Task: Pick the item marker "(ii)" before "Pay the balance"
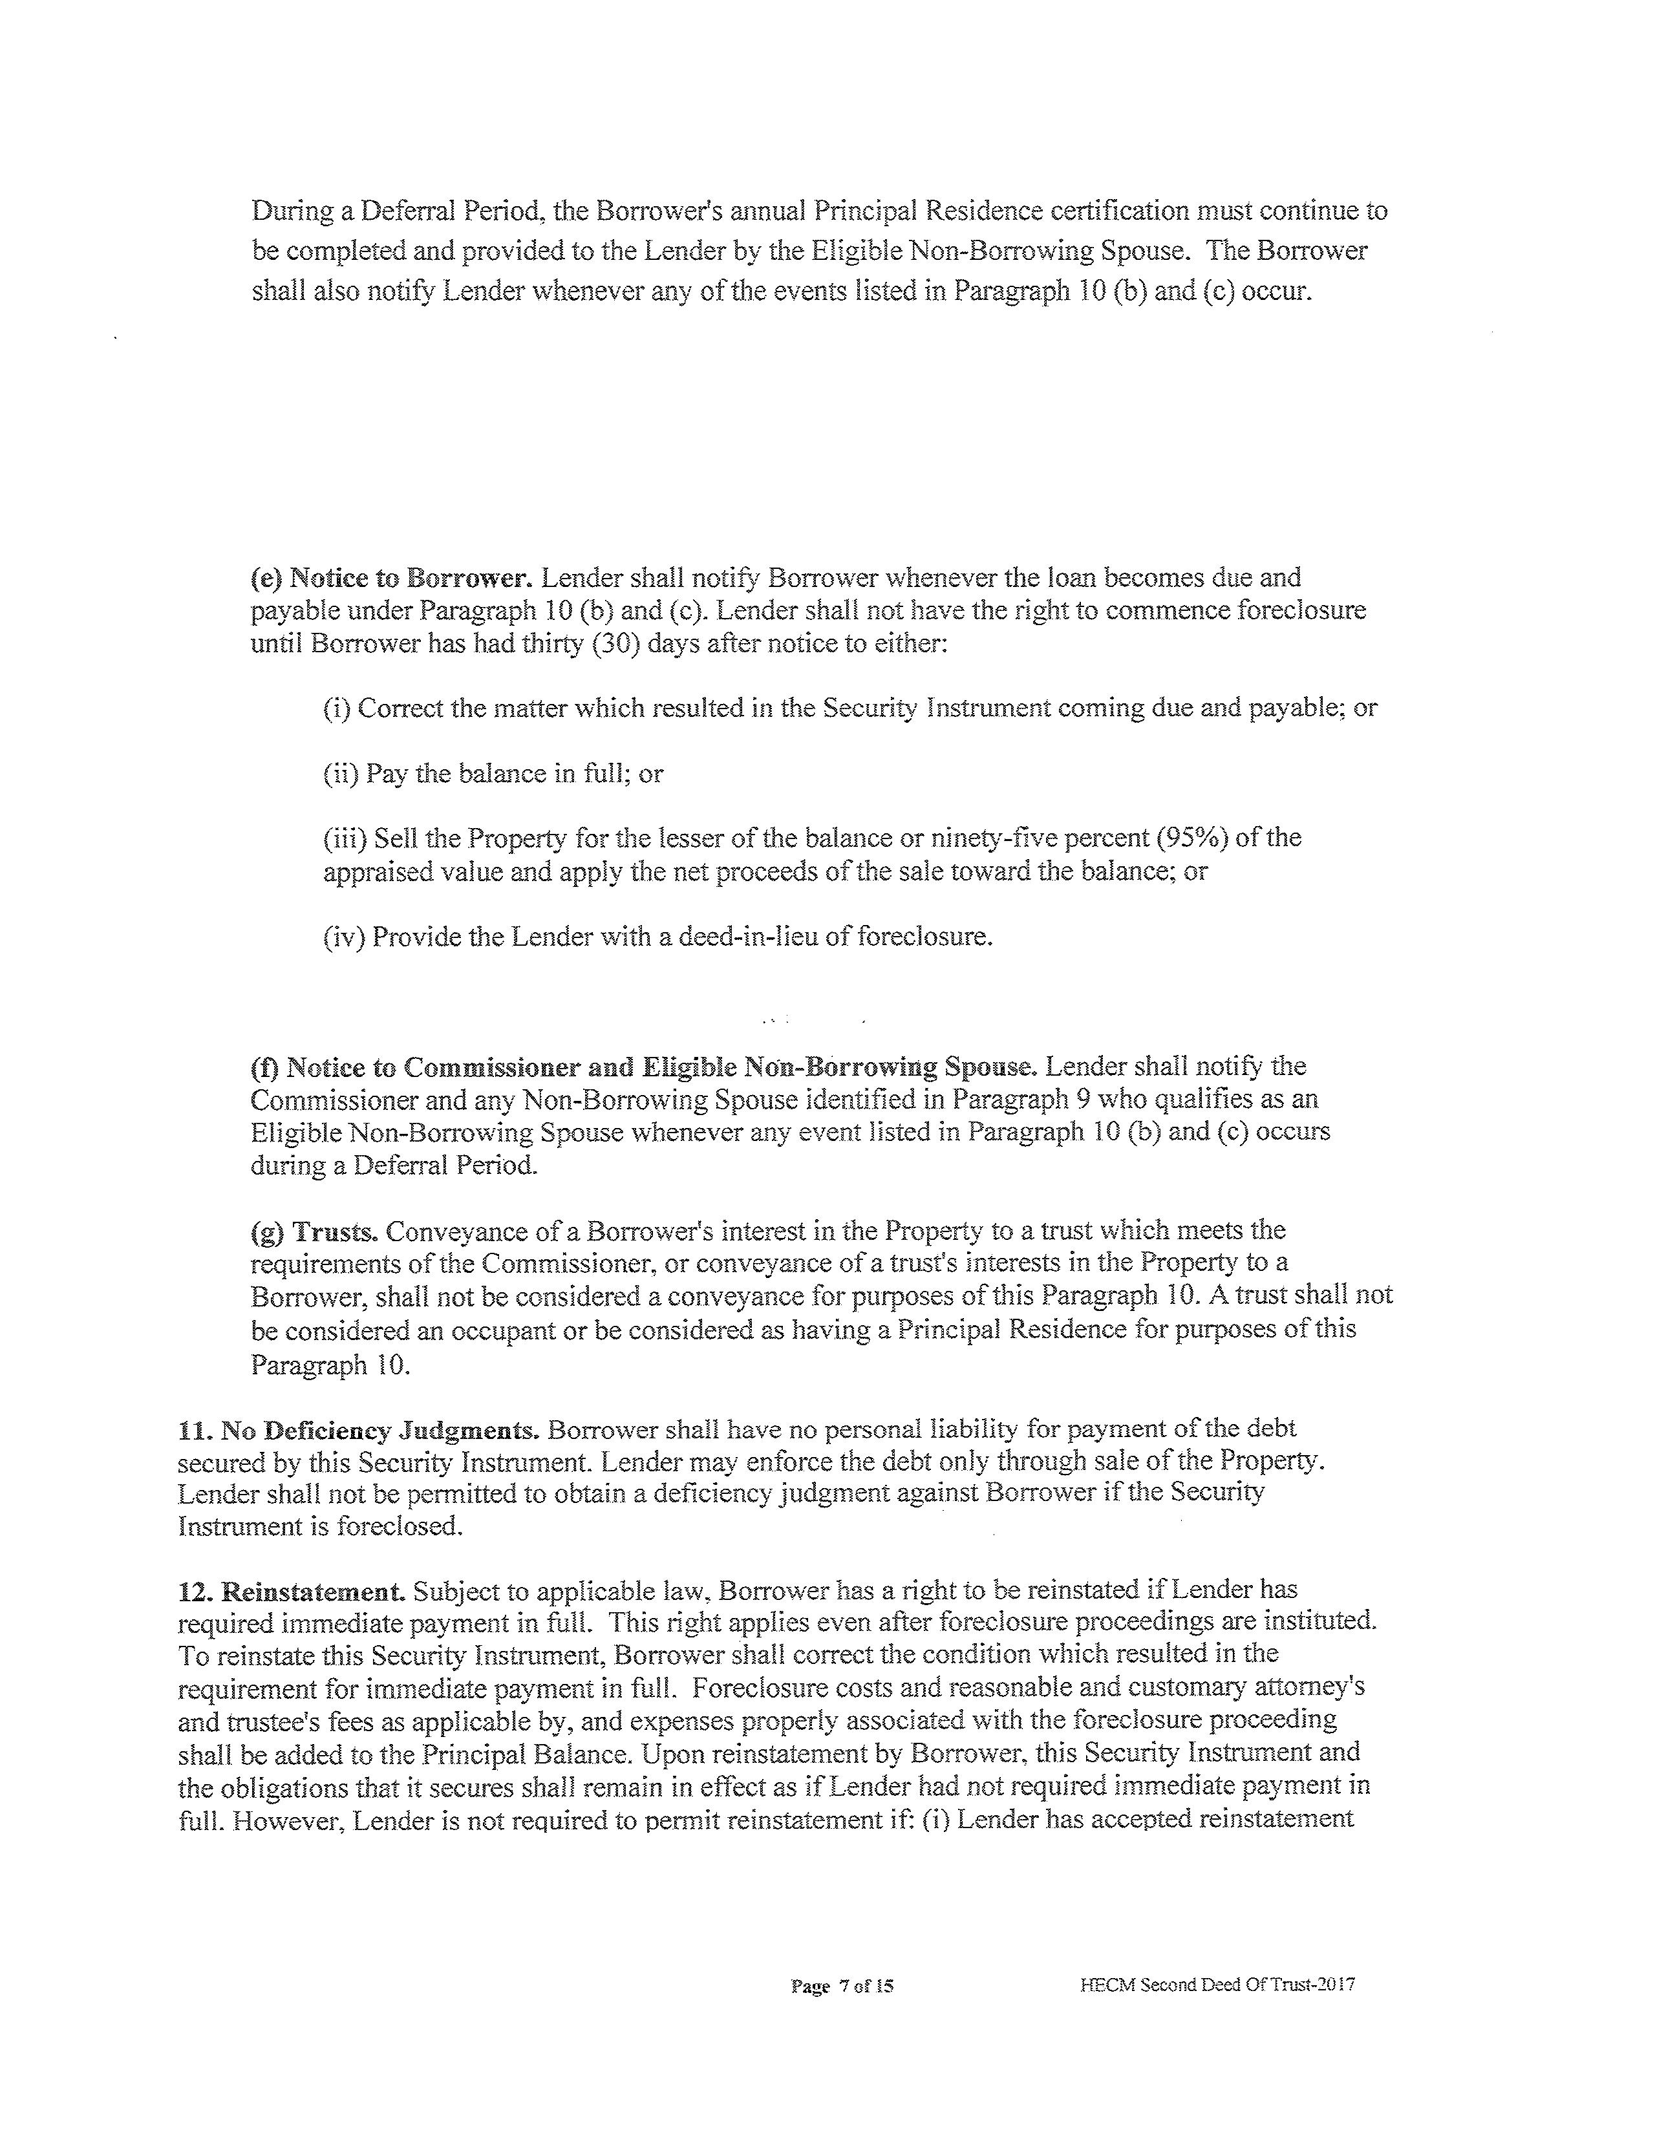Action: pos(340,774)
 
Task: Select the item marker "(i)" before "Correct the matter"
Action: pos(336,708)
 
